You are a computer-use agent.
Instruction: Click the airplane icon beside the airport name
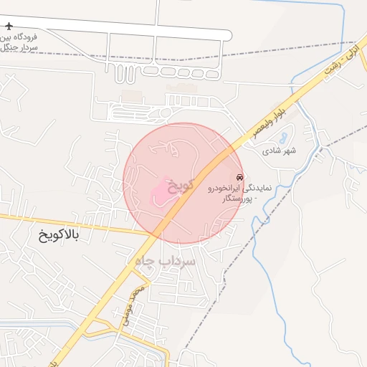(9, 27)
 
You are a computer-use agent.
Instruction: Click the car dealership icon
(239, 176)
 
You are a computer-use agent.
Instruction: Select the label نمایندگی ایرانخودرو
(239, 188)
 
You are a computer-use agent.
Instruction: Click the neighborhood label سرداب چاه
(164, 263)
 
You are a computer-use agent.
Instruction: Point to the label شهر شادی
(280, 151)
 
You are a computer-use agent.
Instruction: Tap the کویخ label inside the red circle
(181, 186)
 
